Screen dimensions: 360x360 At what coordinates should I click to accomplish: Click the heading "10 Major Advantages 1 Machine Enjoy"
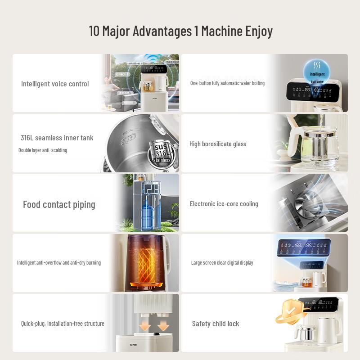180,31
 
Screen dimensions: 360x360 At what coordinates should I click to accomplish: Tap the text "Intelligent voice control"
55,84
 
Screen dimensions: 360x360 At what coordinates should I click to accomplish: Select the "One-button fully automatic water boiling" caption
227,83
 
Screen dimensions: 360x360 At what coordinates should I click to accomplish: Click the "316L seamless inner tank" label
57,138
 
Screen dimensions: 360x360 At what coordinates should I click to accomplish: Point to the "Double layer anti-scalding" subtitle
43,150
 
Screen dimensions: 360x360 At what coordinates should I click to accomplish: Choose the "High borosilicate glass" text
218,144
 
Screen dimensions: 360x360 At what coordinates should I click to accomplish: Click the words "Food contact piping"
59,204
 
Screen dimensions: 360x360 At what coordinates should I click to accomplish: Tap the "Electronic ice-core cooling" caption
224,204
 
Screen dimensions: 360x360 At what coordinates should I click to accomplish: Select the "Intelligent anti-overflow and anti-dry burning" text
59,263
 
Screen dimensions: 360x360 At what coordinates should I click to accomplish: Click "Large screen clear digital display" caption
222,263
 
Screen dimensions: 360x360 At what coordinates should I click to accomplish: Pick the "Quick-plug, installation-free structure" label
63,324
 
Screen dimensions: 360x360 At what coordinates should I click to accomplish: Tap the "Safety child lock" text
216,324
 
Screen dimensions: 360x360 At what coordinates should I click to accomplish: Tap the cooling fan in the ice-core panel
309,204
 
